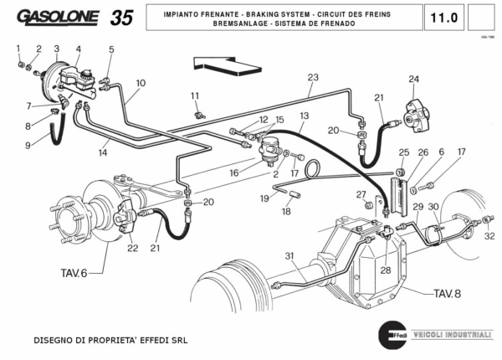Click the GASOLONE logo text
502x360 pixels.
(57, 18)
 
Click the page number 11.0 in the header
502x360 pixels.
(443, 18)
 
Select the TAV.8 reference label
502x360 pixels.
(447, 293)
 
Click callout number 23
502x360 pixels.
(312, 78)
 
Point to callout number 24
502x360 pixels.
(413, 80)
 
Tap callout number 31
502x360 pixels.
(289, 256)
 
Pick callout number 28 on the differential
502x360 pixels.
(385, 270)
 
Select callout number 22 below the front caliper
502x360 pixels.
(132, 247)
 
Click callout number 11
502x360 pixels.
(194, 95)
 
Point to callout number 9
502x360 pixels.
(27, 145)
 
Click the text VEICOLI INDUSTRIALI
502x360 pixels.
(452, 334)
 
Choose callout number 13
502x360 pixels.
(304, 116)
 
